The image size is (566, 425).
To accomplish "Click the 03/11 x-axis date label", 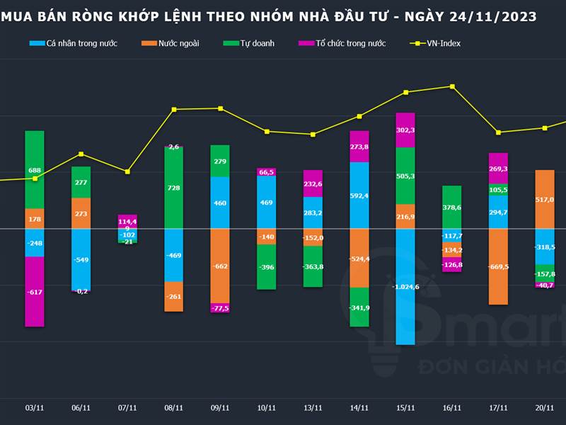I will [x=35, y=408].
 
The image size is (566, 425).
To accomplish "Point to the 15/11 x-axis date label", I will [x=405, y=408].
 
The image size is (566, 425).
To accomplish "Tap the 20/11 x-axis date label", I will [x=545, y=408].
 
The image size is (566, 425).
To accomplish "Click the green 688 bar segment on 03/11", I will [x=35, y=170].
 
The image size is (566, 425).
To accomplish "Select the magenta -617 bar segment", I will [x=35, y=291].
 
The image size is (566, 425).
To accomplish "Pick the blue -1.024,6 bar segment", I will [x=405, y=286].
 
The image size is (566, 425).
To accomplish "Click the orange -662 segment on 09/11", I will [x=220, y=266].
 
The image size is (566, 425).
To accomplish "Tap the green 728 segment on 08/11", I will [x=174, y=188].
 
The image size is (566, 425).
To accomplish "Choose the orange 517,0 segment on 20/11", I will [x=545, y=200].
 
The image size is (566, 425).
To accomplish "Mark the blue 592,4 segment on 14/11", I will [x=359, y=195].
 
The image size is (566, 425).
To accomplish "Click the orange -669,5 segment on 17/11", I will [x=498, y=266].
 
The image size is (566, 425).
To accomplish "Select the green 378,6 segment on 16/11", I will [x=452, y=208].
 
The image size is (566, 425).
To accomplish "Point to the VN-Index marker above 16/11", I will [x=452, y=86].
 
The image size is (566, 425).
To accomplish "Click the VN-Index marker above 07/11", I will [x=127, y=171].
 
